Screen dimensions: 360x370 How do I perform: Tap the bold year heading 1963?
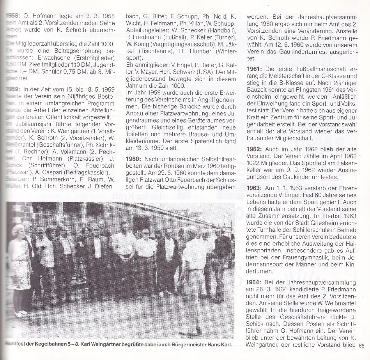(257, 188)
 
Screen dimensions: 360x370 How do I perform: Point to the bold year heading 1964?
(257, 282)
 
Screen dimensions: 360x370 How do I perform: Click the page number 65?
(362, 345)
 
